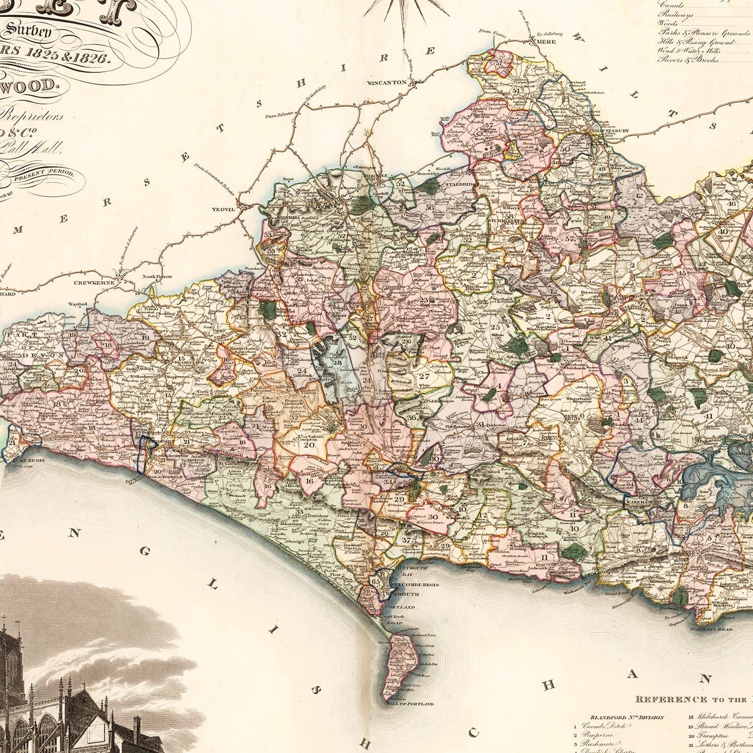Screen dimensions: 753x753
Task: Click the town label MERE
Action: (x=546, y=42)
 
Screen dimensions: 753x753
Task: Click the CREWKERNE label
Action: (x=92, y=283)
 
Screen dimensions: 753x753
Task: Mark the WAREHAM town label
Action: (x=637, y=501)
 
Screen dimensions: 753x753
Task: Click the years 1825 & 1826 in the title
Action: (x=70, y=58)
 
